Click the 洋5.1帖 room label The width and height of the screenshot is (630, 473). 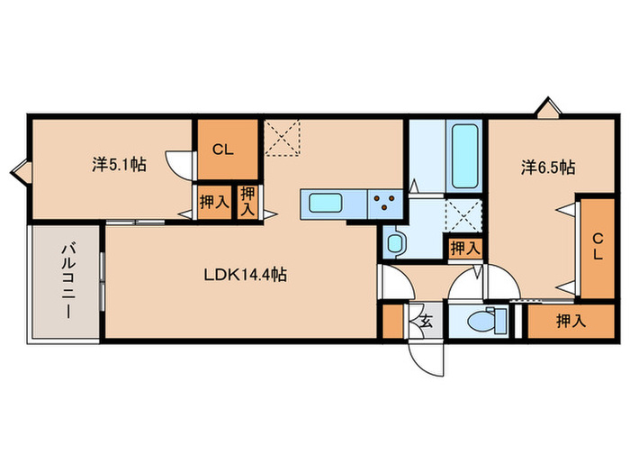pyautogui.click(x=119, y=165)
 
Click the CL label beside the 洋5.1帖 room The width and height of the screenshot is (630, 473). pyautogui.click(x=222, y=150)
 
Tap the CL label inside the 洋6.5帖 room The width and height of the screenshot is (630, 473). pyautogui.click(x=596, y=246)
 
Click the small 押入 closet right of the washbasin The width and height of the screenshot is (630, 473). pyautogui.click(x=464, y=247)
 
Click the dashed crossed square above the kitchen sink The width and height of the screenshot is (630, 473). pyautogui.click(x=283, y=139)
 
